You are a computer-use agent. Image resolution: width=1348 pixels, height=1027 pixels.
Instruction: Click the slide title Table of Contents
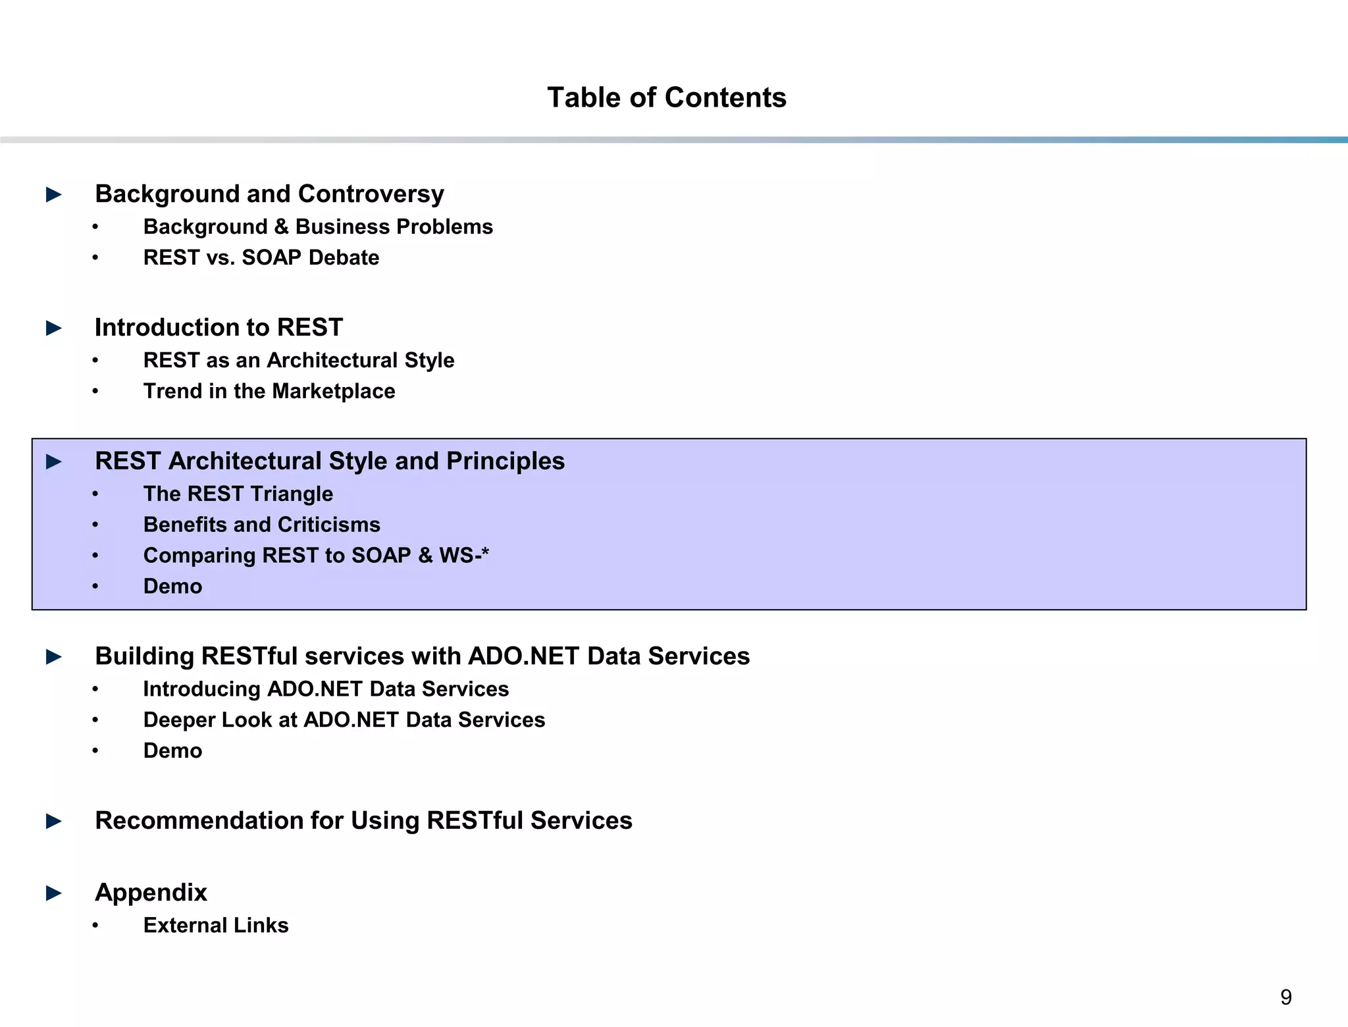tap(667, 97)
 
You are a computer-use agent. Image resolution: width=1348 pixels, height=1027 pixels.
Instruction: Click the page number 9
tap(1285, 997)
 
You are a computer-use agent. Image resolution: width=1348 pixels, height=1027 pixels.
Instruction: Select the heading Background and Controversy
tap(269, 194)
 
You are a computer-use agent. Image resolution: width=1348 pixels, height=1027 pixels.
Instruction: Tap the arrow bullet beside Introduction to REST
tap(54, 328)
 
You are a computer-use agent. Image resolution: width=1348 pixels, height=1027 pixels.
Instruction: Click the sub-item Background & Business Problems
tap(318, 226)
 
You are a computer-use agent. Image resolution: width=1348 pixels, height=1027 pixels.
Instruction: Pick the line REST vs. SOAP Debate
tap(261, 257)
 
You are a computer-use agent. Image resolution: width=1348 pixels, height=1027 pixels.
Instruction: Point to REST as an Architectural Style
tap(299, 360)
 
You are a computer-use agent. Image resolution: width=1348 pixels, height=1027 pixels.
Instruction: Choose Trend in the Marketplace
tap(269, 391)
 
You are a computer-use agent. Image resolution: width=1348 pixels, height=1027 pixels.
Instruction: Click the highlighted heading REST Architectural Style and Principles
tap(330, 461)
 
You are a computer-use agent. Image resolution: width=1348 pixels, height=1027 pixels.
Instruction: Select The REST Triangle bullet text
tap(238, 494)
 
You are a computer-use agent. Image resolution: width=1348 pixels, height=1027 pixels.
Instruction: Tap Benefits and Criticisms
tap(262, 525)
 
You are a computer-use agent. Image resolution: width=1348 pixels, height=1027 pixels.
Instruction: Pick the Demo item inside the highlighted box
tap(172, 586)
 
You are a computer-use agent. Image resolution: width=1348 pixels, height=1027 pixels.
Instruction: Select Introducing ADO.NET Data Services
tap(326, 689)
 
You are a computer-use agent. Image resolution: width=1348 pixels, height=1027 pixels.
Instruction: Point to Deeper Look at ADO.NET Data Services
tap(344, 720)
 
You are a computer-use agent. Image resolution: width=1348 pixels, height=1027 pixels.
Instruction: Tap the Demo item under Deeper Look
tap(172, 750)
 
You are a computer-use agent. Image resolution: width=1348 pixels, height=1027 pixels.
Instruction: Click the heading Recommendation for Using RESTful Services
tap(363, 820)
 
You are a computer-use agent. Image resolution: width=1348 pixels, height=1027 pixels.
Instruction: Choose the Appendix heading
tap(151, 892)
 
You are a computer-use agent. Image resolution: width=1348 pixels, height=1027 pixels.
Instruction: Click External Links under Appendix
tap(216, 925)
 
